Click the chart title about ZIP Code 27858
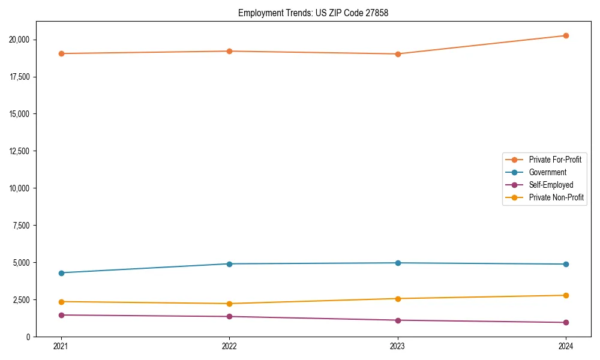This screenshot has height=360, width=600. point(313,13)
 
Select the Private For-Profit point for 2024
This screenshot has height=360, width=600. point(566,35)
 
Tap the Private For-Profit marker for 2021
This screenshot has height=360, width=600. point(61,53)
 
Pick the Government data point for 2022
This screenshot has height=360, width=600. point(229,264)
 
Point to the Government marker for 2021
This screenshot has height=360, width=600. point(61,273)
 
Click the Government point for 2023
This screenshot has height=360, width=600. point(398,263)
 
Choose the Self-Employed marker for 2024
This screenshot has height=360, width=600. point(566,322)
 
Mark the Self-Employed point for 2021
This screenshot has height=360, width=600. point(61,315)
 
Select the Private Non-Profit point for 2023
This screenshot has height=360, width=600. point(398,298)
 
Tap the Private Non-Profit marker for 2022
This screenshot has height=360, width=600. point(229,304)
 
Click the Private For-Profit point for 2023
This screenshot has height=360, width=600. point(398,54)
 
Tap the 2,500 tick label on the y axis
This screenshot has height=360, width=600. point(21,299)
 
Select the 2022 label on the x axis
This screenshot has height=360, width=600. point(229,346)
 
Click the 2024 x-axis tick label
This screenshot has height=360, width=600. point(566,346)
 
